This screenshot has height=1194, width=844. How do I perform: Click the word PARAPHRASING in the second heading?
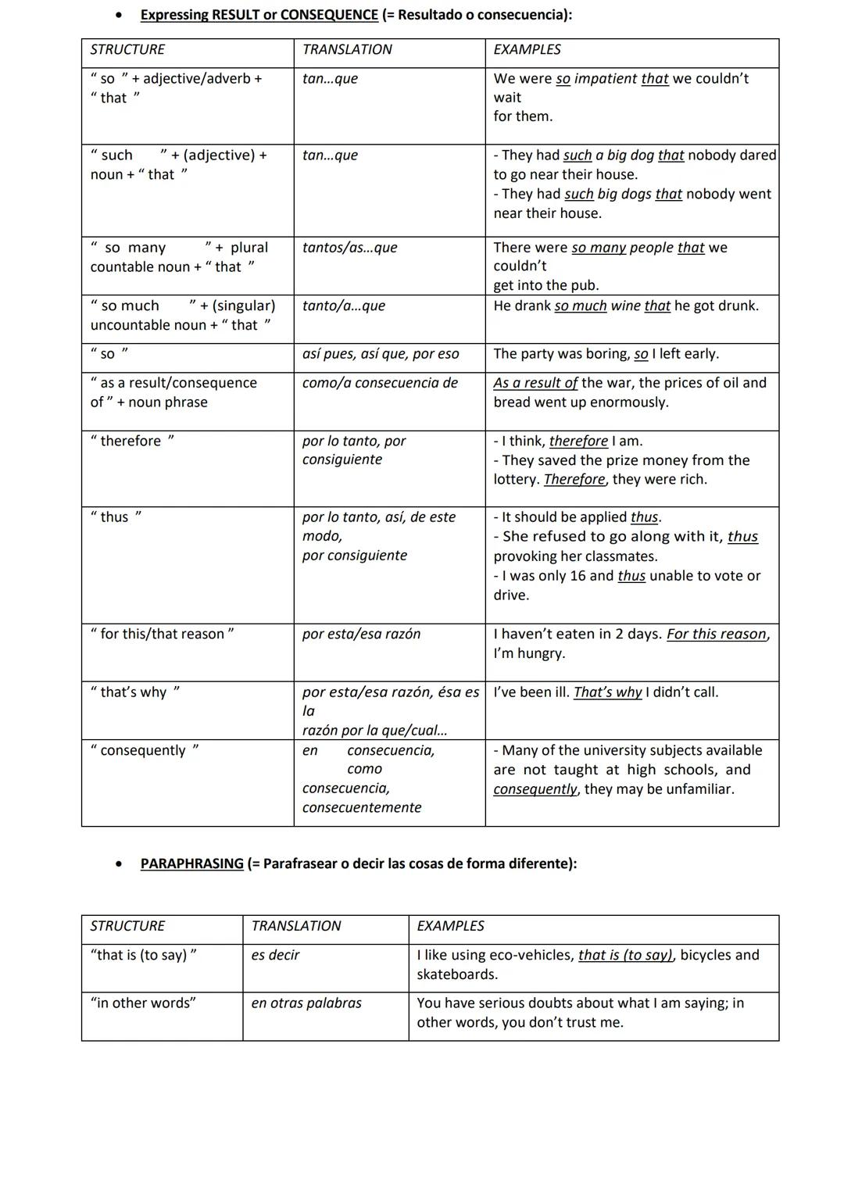click(x=191, y=863)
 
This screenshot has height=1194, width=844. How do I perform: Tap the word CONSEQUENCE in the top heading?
click(x=329, y=15)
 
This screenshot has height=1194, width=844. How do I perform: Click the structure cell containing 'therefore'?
click(x=133, y=441)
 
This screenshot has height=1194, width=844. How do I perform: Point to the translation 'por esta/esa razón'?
click(x=361, y=634)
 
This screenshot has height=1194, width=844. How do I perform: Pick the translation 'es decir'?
click(x=275, y=955)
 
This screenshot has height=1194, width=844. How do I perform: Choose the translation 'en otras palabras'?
click(x=306, y=1003)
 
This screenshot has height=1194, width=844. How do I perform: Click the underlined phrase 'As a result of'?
click(x=535, y=383)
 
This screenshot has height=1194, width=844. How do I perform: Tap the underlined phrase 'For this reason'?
click(x=717, y=634)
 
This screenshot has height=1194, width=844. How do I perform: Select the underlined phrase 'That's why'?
click(x=607, y=692)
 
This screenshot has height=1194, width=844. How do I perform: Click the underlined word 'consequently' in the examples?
click(x=535, y=789)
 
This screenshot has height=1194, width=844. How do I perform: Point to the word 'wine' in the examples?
click(x=625, y=306)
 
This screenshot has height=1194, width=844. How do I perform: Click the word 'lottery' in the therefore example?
click(x=516, y=480)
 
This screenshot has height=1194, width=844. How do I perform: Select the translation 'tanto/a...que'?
click(x=343, y=306)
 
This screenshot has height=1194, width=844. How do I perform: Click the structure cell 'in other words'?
click(x=143, y=1003)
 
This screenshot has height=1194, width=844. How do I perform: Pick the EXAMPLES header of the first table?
click(x=527, y=50)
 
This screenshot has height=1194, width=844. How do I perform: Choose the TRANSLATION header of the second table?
click(x=295, y=926)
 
